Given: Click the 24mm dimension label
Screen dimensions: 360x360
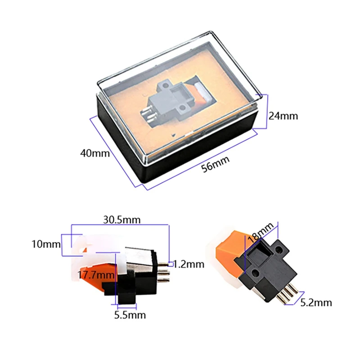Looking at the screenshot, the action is coord(283,116).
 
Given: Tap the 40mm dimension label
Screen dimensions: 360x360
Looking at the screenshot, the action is coord(95,153).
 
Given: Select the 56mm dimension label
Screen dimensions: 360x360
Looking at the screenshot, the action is coord(216,164).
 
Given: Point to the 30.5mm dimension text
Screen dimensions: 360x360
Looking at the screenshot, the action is coord(121,220).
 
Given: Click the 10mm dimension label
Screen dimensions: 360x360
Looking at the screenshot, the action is coord(46,244).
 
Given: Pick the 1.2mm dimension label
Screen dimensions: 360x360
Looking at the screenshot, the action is coord(189,264).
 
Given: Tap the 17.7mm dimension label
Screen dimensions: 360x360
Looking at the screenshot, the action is coord(96,274).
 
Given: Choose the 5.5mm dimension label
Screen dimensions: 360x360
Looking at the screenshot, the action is coord(130,315).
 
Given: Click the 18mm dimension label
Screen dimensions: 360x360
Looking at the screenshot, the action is coord(261,232).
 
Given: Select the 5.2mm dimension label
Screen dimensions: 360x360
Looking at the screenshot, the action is coord(316,302).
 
